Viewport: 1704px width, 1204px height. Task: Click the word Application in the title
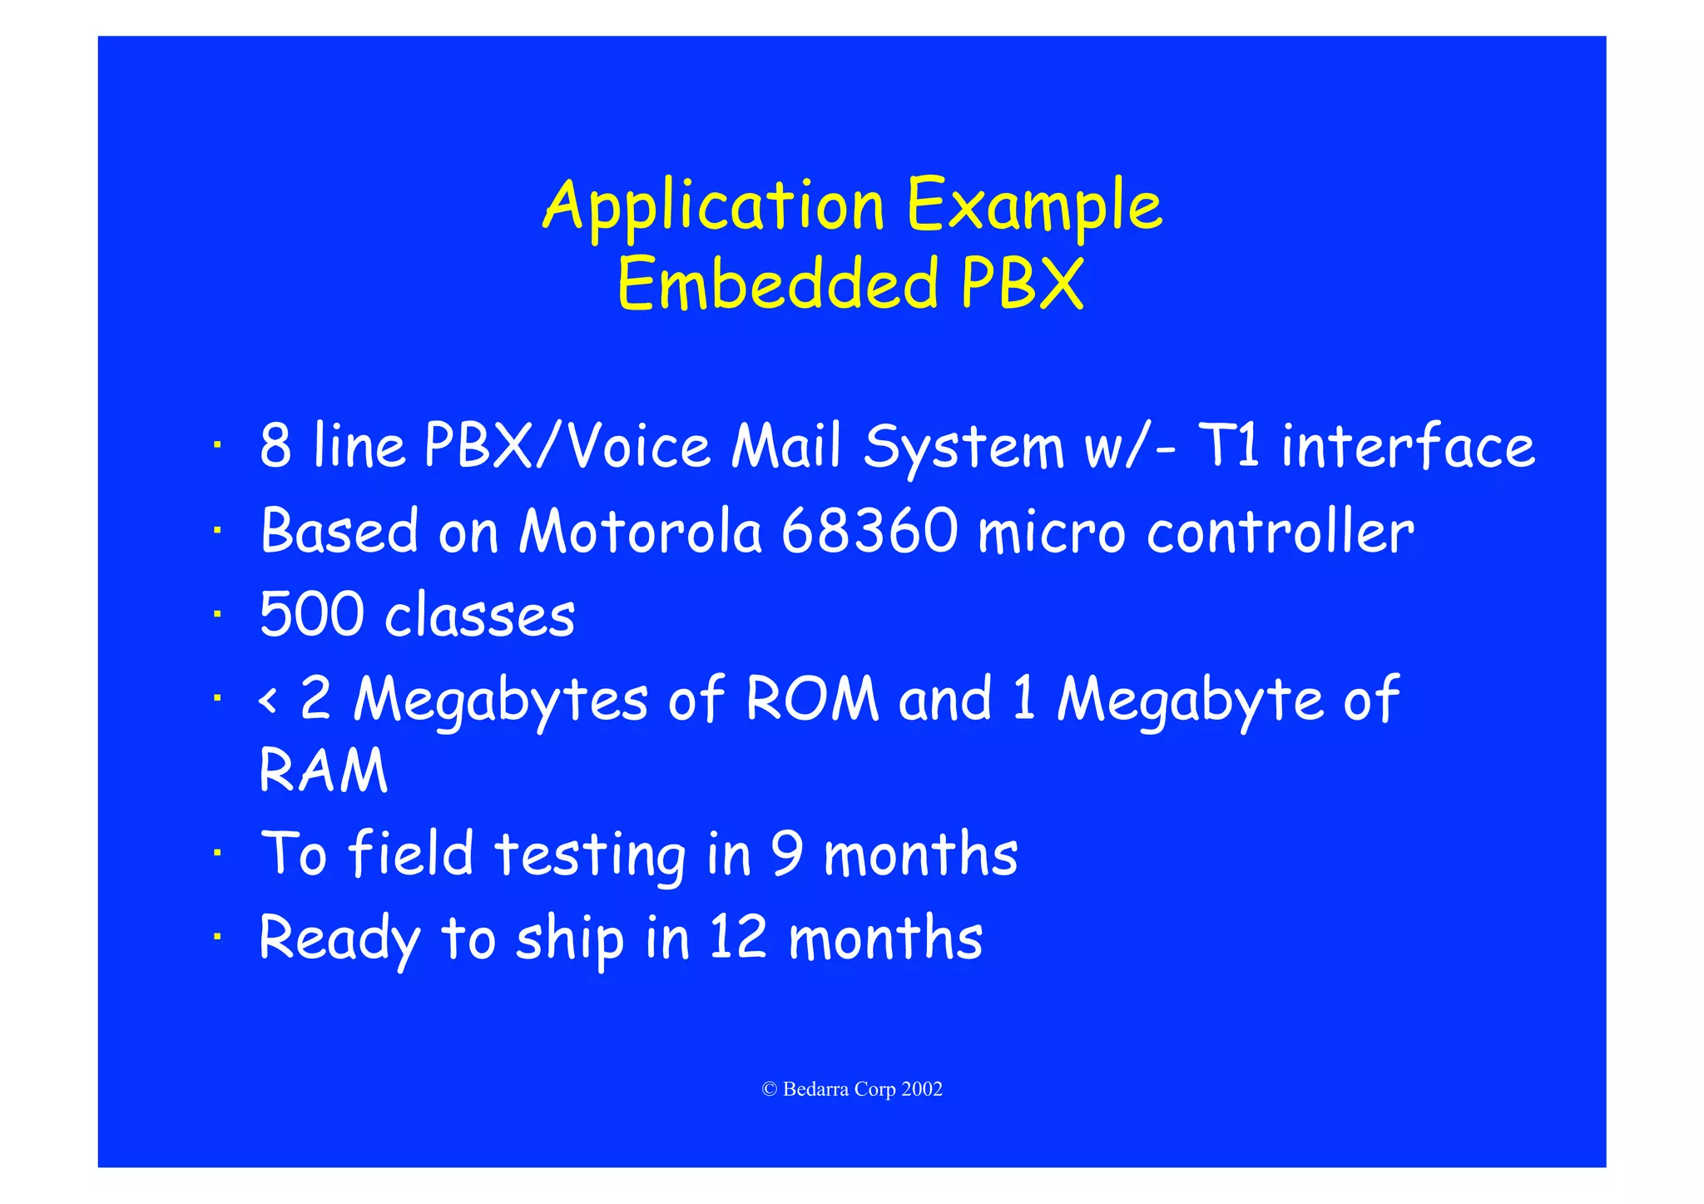tap(713, 206)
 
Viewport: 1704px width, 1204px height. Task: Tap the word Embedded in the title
tap(779, 285)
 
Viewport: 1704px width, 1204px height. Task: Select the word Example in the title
tap(1033, 206)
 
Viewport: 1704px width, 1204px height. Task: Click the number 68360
tap(869, 531)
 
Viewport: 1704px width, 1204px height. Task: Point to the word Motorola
tap(640, 531)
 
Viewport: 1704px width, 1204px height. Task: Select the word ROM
tap(812, 698)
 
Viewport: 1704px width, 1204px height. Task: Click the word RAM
tap(323, 770)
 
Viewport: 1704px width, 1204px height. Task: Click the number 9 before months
tap(786, 854)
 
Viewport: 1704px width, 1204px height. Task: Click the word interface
tap(1407, 446)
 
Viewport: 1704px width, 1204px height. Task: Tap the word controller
tap(1280, 531)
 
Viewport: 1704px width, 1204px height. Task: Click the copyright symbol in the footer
tap(770, 1089)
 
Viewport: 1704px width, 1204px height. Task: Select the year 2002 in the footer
tap(922, 1089)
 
